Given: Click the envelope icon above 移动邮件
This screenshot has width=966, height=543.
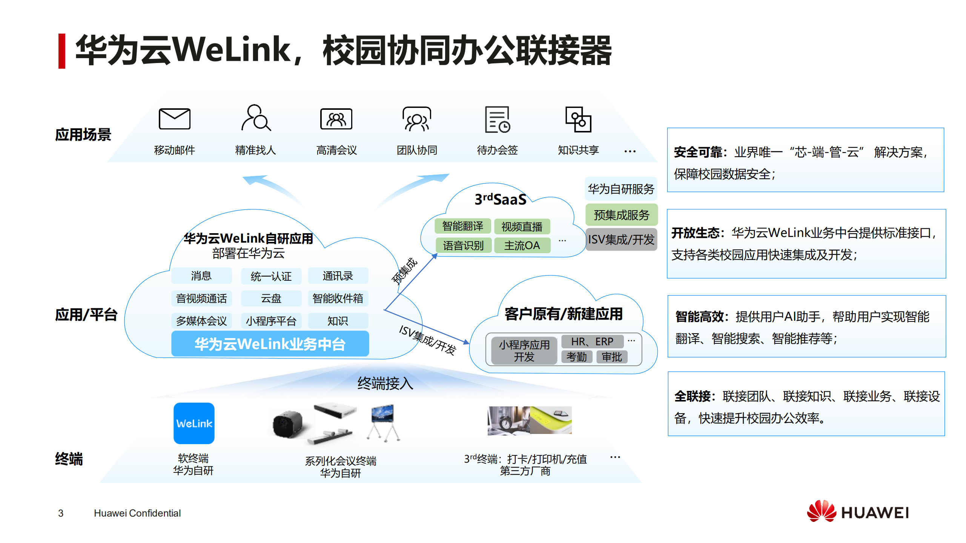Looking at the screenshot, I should coord(174,119).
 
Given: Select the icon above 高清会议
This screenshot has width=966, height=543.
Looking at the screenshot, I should coord(336,119).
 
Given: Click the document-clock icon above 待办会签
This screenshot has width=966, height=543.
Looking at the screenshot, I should coord(497,120).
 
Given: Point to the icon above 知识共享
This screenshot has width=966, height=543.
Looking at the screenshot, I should coord(578,120).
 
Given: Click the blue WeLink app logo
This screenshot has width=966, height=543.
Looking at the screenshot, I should coord(194,423).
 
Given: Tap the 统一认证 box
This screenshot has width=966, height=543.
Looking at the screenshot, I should coord(271,276).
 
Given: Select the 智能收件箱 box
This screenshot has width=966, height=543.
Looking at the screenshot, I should coord(338,298).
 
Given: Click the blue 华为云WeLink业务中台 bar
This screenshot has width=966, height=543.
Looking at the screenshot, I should coord(270,344).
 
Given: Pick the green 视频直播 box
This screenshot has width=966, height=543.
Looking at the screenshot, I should coord(522,226).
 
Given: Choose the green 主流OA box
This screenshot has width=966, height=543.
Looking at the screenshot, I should coord(522,246).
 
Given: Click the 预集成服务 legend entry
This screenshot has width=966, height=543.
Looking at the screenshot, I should coord(621,215).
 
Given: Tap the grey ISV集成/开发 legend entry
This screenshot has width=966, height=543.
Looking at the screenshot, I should coord(621,240).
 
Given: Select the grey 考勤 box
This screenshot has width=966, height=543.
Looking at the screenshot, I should coord(576,357).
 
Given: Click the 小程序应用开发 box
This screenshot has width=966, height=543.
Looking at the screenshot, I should coord(524,351).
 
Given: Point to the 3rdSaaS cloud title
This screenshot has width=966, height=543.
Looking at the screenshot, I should coord(500,199).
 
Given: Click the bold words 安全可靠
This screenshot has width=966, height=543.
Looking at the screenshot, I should coord(697,152).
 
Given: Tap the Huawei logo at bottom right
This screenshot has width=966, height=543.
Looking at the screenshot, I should coord(858,512).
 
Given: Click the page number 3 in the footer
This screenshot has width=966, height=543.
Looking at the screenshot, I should coord(61,513).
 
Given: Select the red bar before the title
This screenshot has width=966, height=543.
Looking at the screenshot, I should coord(62,51).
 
